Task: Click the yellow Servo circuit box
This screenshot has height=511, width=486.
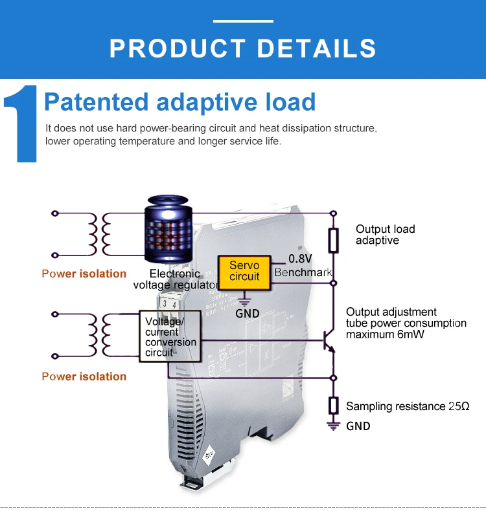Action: point(244,271)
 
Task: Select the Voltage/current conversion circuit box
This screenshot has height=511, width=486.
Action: point(170,336)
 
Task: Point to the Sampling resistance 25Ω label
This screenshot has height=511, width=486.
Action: point(407,406)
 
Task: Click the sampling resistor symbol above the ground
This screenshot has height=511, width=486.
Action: point(334,406)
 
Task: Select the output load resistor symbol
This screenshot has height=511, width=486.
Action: point(334,239)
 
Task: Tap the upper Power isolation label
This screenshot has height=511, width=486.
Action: point(84,273)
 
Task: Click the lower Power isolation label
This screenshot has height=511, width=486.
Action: point(84,376)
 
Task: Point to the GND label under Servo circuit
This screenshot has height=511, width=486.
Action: point(247,314)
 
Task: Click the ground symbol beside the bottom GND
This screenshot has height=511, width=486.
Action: point(334,425)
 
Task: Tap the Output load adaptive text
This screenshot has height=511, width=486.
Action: point(385,234)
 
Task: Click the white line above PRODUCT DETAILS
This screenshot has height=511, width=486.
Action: point(243,21)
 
